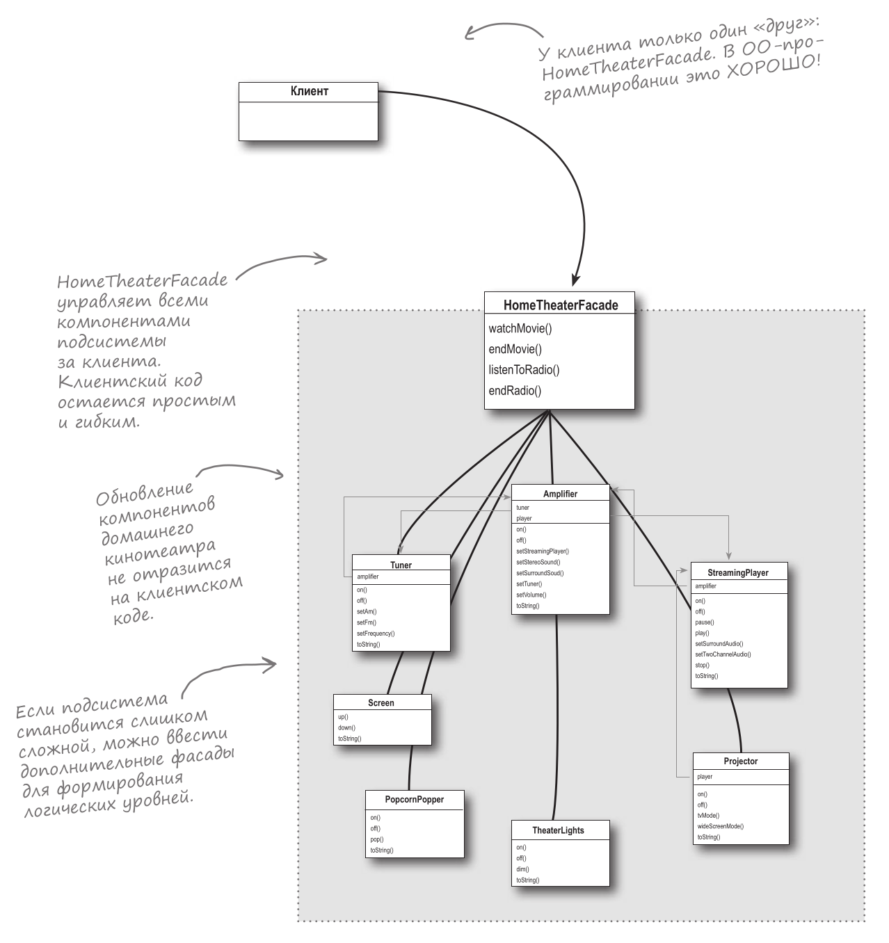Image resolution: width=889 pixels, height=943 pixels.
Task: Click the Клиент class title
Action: coord(309,91)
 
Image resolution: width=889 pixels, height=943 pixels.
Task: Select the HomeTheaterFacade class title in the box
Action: coord(560,305)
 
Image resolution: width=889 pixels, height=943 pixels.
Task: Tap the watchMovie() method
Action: coord(520,328)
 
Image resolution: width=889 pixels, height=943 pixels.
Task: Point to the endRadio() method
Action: coord(515,390)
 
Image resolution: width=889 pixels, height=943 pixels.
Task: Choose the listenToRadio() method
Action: coord(524,369)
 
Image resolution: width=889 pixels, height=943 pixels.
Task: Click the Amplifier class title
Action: coord(560,494)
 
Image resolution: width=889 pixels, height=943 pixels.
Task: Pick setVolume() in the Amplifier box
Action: coord(531,595)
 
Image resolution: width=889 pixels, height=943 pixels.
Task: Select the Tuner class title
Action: coord(401,565)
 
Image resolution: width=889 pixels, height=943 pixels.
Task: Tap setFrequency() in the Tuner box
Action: coord(376,634)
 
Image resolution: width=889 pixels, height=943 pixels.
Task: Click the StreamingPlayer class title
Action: coord(738,572)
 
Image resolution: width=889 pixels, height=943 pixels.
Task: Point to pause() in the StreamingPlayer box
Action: coord(705,622)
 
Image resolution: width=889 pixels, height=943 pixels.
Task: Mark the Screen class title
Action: coord(381,703)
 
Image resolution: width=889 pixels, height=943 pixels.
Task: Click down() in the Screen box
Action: coord(346,727)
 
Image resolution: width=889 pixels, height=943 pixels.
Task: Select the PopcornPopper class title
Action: coord(415,800)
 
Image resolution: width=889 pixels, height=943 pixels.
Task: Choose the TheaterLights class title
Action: coord(558,830)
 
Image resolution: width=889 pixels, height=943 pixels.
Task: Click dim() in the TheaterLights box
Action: coord(522,869)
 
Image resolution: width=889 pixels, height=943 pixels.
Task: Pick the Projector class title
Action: coord(740,761)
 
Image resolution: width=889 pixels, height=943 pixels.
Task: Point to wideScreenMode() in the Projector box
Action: coord(720,826)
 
